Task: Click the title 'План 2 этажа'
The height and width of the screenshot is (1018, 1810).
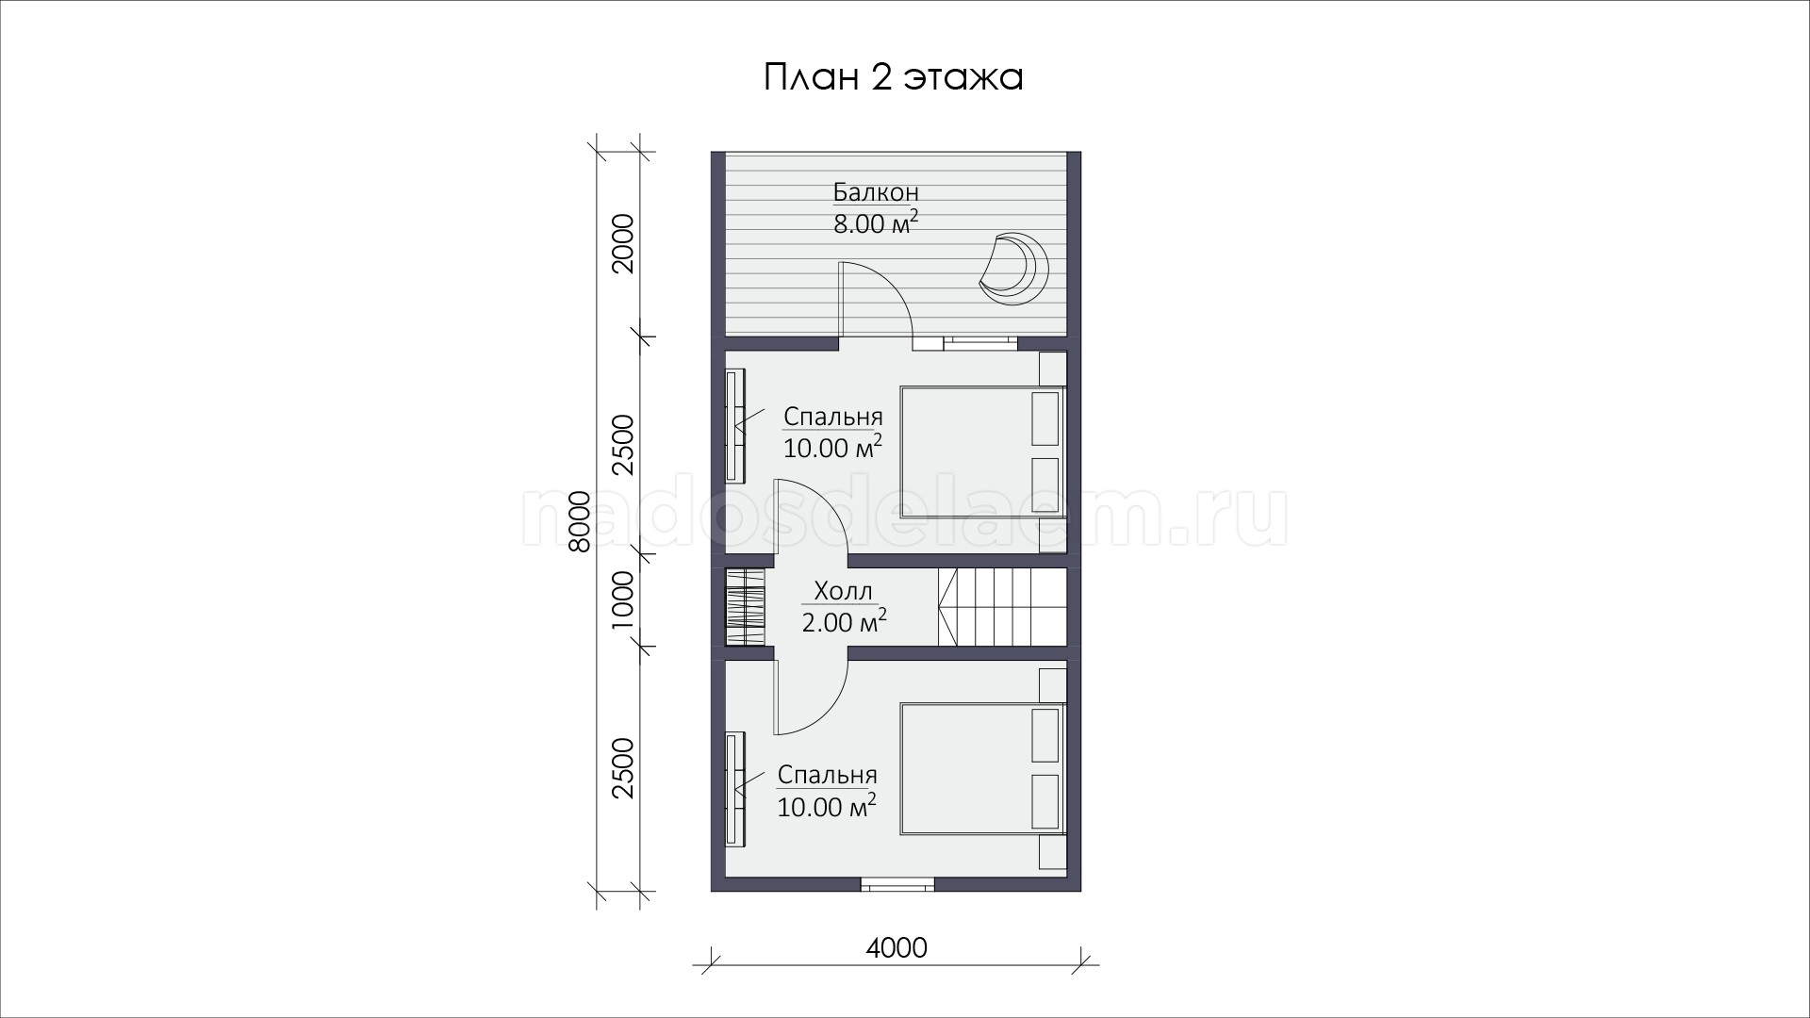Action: [x=893, y=77]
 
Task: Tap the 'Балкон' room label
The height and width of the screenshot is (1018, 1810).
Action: [x=876, y=192]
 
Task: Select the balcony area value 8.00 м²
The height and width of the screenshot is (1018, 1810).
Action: [x=876, y=223]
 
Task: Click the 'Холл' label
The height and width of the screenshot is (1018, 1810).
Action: [x=843, y=592]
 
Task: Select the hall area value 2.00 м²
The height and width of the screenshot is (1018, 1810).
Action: [x=844, y=622]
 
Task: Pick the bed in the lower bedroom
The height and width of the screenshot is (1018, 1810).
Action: [x=983, y=768]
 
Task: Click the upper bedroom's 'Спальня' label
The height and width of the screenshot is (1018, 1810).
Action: [x=833, y=417]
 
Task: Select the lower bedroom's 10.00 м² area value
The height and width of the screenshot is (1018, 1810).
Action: [x=827, y=807]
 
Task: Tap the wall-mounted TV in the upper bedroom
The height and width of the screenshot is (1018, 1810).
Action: [x=734, y=425]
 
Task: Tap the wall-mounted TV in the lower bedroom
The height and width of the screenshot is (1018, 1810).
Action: [x=734, y=790]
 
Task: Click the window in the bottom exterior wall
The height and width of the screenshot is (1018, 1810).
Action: [x=897, y=884]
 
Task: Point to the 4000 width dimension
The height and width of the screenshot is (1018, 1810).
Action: [x=897, y=948]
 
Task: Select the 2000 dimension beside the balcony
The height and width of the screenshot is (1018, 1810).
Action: [x=624, y=243]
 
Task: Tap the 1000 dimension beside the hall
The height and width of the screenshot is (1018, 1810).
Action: [x=624, y=599]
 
